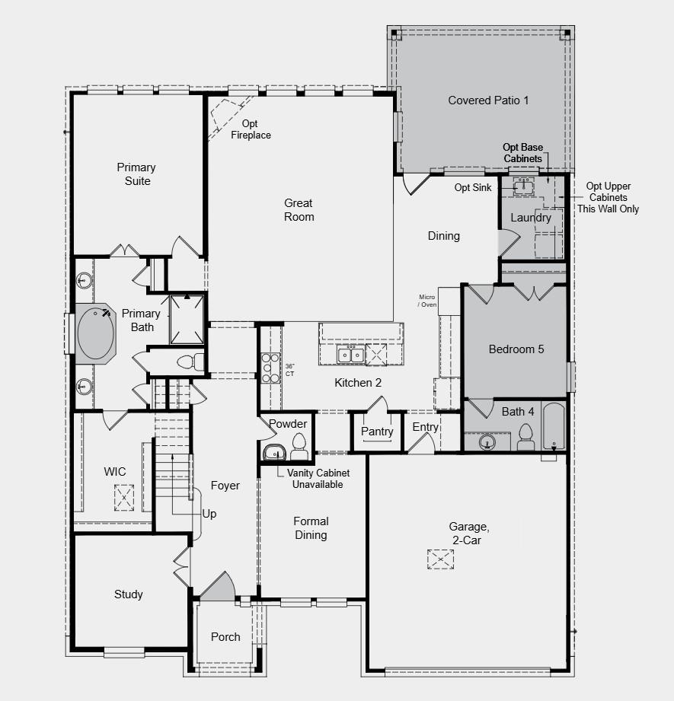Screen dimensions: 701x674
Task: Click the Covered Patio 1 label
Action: (x=488, y=100)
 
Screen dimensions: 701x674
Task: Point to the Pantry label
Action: (x=377, y=432)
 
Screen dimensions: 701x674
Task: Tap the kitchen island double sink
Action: (x=350, y=354)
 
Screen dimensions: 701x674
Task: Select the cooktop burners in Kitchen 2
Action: (x=270, y=368)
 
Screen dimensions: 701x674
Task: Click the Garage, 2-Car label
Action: (x=465, y=533)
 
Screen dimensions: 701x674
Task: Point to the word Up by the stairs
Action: (x=209, y=514)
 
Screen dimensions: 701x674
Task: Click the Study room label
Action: (x=128, y=594)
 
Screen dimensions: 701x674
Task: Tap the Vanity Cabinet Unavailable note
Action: (x=318, y=479)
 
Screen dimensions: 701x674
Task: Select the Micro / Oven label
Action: (x=427, y=301)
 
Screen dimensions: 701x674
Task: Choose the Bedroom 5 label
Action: (x=516, y=349)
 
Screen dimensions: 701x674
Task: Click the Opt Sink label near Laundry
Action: (x=473, y=187)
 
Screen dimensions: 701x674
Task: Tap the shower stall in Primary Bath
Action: (x=187, y=319)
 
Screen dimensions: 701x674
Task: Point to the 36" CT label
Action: (x=290, y=370)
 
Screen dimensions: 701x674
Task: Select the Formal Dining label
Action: (x=311, y=528)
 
